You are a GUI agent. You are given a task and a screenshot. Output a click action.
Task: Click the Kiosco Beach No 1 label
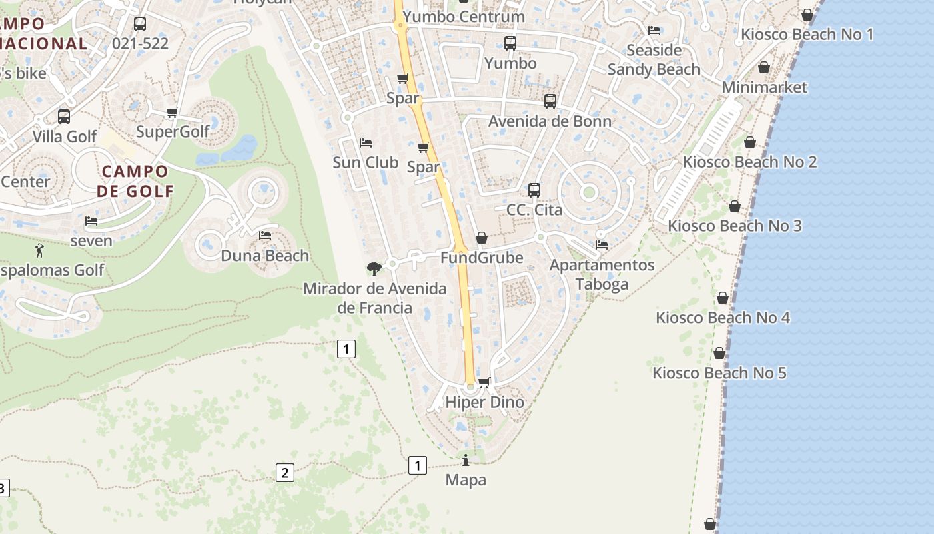pos(807,34)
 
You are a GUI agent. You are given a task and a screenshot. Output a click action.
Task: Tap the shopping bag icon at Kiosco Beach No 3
pos(734,207)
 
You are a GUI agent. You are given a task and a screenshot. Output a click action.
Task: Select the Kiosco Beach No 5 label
pos(719,373)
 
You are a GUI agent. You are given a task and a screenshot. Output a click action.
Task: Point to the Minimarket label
pos(764,87)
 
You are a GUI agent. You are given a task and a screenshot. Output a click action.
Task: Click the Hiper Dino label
pos(484,403)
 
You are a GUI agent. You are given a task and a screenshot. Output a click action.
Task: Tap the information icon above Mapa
pos(466,460)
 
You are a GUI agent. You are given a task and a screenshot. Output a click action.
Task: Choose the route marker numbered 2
pos(284,473)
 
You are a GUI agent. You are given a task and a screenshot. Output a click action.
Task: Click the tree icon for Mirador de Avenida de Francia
pos(374,268)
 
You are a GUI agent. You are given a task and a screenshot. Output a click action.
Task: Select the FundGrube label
pos(481,257)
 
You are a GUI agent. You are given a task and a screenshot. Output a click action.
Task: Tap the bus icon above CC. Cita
pos(534,190)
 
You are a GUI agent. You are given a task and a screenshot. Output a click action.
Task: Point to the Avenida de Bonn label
pos(550,121)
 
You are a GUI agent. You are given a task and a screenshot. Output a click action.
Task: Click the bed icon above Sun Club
pos(365,143)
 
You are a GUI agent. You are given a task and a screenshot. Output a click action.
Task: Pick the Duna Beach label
pos(265,256)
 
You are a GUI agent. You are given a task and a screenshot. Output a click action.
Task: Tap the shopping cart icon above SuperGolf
pos(173,112)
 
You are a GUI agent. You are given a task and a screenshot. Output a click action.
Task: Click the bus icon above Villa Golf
pos(64,117)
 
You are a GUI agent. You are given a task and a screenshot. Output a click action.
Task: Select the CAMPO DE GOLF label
pos(135,181)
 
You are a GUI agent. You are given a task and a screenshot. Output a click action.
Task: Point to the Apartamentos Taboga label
pos(602,274)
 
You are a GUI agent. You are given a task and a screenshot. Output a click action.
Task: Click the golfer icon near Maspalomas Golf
pos(39,251)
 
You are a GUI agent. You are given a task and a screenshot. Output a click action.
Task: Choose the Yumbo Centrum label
pos(464,16)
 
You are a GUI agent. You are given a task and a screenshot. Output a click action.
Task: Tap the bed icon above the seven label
pos(91,221)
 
